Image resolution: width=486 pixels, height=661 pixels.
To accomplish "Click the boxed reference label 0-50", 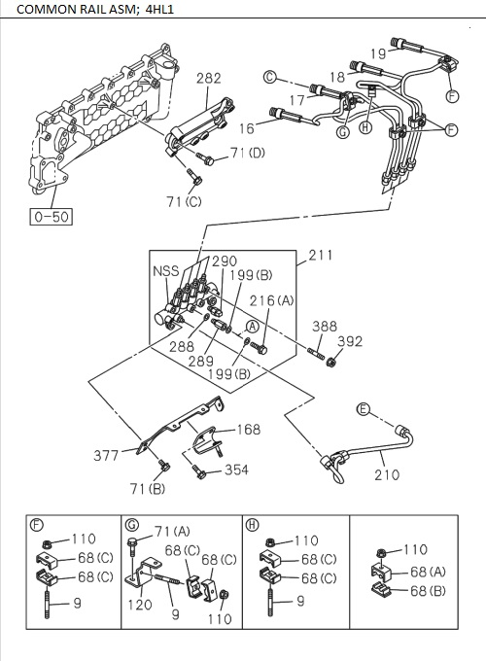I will (x=49, y=217).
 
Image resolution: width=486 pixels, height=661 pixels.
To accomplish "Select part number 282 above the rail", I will (x=208, y=79).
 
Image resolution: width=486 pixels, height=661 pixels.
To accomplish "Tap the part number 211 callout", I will (x=320, y=256).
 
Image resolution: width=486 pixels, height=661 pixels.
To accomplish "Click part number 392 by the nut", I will (x=350, y=341).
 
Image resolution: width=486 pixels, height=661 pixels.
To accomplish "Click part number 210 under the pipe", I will (x=386, y=475).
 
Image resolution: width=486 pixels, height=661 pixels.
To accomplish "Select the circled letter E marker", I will (x=363, y=409).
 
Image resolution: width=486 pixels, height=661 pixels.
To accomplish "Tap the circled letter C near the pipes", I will (x=272, y=76).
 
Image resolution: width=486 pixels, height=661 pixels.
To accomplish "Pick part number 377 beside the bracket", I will (x=106, y=454).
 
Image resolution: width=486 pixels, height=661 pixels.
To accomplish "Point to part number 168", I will (x=250, y=429).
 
